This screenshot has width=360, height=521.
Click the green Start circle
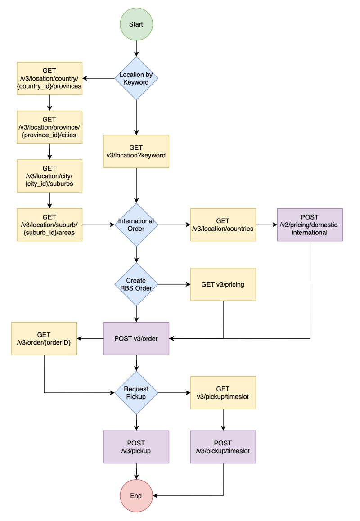click(136, 24)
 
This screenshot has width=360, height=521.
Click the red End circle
click(136, 496)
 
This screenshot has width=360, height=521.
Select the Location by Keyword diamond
click(136, 78)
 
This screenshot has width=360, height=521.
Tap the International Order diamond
click(136, 225)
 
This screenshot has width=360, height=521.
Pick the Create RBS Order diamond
click(136, 284)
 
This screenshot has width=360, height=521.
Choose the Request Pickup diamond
click(136, 393)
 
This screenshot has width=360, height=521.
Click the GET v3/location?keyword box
click(136, 152)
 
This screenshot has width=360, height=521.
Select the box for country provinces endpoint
click(49, 78)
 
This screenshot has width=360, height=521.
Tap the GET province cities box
click(49, 127)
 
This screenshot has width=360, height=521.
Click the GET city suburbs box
click(49, 176)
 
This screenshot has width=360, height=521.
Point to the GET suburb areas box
click(49, 225)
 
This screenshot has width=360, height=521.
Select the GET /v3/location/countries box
click(223, 225)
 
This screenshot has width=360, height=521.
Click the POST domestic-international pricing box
click(310, 225)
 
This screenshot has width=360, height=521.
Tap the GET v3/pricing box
click(223, 284)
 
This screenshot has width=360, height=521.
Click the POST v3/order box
click(136, 338)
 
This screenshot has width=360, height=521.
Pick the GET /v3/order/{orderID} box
click(44, 338)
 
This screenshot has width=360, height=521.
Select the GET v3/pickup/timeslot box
click(223, 393)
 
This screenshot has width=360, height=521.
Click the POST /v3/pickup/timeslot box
click(223, 447)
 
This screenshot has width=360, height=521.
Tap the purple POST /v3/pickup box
click(136, 447)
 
